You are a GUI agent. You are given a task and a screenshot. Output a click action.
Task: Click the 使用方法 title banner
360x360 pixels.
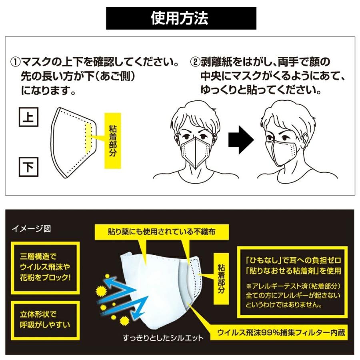pyautogui.click(x=181, y=18)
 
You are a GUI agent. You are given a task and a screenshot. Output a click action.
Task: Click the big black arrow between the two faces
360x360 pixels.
pyautogui.click(x=240, y=140)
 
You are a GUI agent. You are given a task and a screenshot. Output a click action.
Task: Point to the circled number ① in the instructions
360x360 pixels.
pyautogui.click(x=15, y=63)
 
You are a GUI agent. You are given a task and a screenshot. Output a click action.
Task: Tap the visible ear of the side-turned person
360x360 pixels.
pyautogui.click(x=305, y=138)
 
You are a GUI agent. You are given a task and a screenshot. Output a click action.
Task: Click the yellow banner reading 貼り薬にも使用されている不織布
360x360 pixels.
pyautogui.click(x=162, y=231)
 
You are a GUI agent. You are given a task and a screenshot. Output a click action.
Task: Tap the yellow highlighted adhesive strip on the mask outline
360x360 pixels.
pyautogui.click(x=88, y=137)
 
